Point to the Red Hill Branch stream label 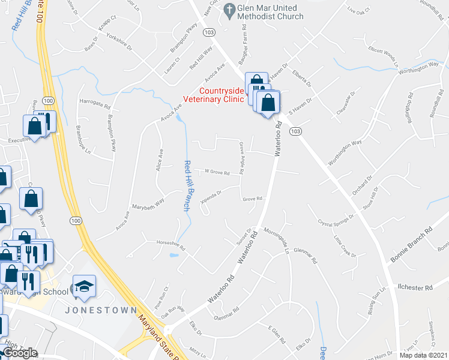[x=187, y=185]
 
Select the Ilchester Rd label [x=415, y=287]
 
